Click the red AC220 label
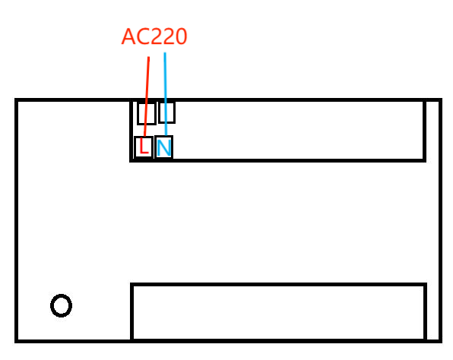(x=154, y=36)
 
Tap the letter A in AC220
(x=128, y=36)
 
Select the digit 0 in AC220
(x=181, y=36)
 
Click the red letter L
(x=143, y=147)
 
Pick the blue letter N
(x=163, y=147)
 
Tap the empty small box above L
(x=146, y=113)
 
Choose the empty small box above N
(x=167, y=112)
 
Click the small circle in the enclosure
(x=61, y=305)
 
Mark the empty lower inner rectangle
(x=278, y=312)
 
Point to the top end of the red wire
(x=149, y=57)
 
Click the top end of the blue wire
(x=165, y=53)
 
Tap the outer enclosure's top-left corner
(x=16, y=100)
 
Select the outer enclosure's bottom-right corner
(x=439, y=339)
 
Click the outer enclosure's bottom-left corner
(x=16, y=339)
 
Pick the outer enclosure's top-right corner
(x=439, y=100)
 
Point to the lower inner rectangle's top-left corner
(x=132, y=285)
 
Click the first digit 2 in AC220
(x=155, y=36)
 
